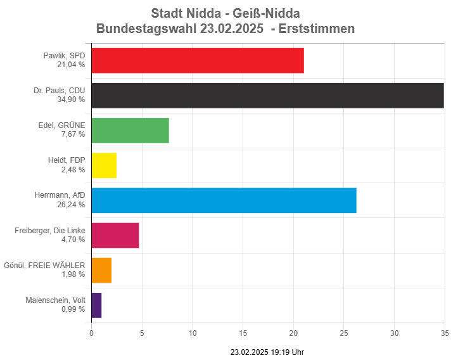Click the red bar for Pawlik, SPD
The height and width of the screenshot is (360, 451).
(x=198, y=60)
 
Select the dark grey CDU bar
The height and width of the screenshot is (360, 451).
(x=267, y=95)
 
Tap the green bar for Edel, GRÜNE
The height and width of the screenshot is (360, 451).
(x=130, y=130)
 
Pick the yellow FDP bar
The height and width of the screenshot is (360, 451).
(x=104, y=165)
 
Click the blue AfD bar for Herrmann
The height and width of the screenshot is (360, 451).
(x=224, y=200)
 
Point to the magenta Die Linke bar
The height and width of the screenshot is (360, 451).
(x=115, y=235)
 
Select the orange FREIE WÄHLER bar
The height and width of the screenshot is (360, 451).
(x=102, y=270)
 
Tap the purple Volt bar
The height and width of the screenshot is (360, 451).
(x=97, y=305)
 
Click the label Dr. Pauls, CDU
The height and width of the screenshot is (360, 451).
(x=59, y=91)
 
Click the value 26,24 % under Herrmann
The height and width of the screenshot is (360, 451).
(x=73, y=205)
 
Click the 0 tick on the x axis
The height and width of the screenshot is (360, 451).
(x=92, y=333)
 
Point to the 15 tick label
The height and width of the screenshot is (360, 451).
(x=243, y=333)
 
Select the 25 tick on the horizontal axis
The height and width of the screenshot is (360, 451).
(x=344, y=333)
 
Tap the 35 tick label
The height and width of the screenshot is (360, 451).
(x=445, y=333)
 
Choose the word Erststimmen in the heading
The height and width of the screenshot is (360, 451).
(x=319, y=29)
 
